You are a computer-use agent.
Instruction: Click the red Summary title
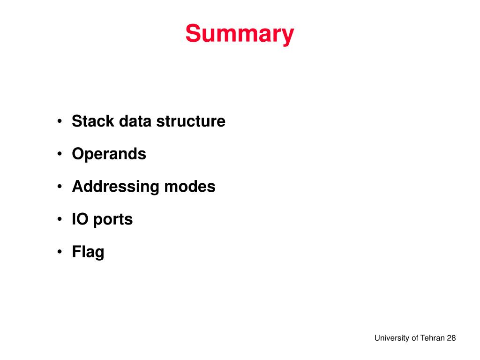pyautogui.click(x=240, y=34)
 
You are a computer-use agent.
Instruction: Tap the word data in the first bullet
pyautogui.click(x=135, y=121)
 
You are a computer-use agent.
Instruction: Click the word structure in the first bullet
pyautogui.click(x=191, y=121)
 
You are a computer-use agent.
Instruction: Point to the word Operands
pyautogui.click(x=109, y=154)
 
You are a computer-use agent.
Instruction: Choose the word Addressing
pyautogui.click(x=115, y=187)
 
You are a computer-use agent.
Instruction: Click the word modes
pyautogui.click(x=190, y=187)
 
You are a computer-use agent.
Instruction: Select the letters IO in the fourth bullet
pyautogui.click(x=80, y=219)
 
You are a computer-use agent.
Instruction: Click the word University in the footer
pyautogui.click(x=391, y=338)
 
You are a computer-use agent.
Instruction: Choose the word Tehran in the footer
pyautogui.click(x=432, y=338)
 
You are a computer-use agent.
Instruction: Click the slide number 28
pyautogui.click(x=451, y=338)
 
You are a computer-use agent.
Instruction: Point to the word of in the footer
pyautogui.click(x=414, y=338)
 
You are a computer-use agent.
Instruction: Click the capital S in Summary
pyautogui.click(x=192, y=34)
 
